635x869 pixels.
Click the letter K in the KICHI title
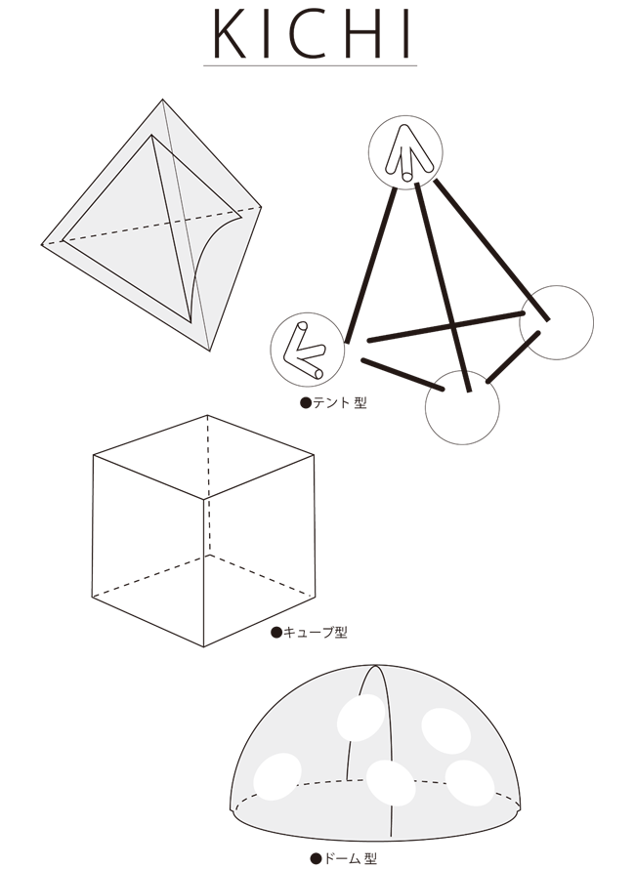click(230, 34)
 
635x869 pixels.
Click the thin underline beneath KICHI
click(310, 66)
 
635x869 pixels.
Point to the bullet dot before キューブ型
click(276, 633)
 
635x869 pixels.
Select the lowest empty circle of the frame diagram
click(462, 407)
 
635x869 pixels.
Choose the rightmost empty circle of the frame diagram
click(556, 322)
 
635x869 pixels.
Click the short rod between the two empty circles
click(513, 357)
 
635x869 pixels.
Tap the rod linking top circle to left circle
click(370, 266)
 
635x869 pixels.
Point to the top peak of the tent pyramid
click(162, 100)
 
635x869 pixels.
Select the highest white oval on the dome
click(361, 717)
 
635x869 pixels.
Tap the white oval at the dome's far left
click(277, 776)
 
